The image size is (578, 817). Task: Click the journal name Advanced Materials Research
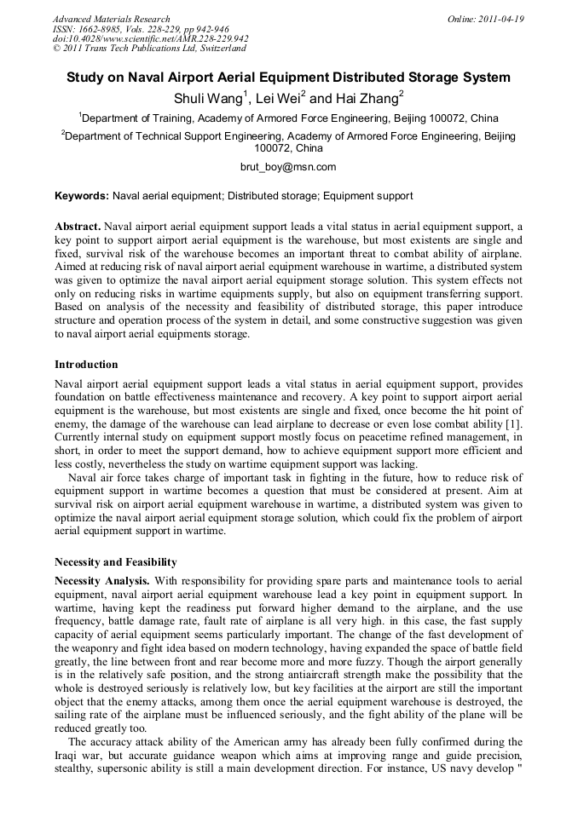[x=111, y=19]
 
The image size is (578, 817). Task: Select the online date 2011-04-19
[x=499, y=19]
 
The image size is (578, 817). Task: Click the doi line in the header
[x=150, y=39]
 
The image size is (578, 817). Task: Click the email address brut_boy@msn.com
[x=288, y=167]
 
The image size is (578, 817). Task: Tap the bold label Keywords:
[x=82, y=196]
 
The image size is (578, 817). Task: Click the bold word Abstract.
[x=78, y=227]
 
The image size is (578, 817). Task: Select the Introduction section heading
[x=86, y=365]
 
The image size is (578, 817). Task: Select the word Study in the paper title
[x=87, y=78]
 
